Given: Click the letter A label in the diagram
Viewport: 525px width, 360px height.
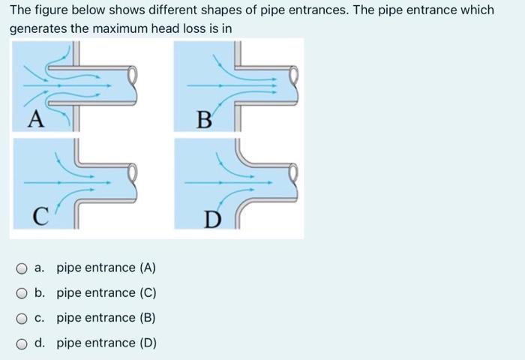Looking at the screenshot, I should pyautogui.click(x=33, y=118).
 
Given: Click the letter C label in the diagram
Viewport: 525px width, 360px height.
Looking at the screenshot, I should pyautogui.click(x=43, y=218).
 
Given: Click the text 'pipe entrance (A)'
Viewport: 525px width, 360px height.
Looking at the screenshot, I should pyautogui.click(x=106, y=268).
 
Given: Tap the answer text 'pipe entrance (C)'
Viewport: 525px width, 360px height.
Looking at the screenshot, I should pyautogui.click(x=106, y=293).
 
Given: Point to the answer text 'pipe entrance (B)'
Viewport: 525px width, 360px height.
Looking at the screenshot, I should pyautogui.click(x=106, y=318).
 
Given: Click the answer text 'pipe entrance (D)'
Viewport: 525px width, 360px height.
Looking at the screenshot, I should pyautogui.click(x=106, y=343).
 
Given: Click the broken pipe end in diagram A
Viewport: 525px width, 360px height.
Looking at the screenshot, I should pyautogui.click(x=133, y=75).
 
